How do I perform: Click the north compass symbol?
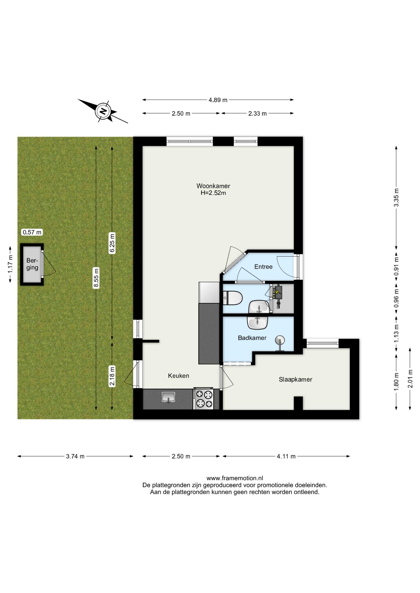click(103, 111)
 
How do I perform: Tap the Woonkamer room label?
click(213, 186)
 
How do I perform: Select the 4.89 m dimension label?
click(218, 100)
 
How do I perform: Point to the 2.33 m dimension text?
click(257, 113)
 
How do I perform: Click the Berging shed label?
click(32, 264)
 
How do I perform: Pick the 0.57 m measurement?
click(32, 232)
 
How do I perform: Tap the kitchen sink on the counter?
click(168, 397)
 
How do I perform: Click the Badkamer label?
click(252, 338)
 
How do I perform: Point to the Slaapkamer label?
click(295, 379)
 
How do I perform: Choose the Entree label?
click(263, 267)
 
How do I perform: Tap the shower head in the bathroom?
click(280, 341)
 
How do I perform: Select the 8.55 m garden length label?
click(96, 278)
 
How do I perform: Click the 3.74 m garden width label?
click(75, 456)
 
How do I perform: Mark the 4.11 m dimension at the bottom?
click(286, 456)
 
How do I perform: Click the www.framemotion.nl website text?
click(235, 478)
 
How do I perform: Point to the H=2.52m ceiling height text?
click(213, 193)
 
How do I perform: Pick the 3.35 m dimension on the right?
click(396, 197)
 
